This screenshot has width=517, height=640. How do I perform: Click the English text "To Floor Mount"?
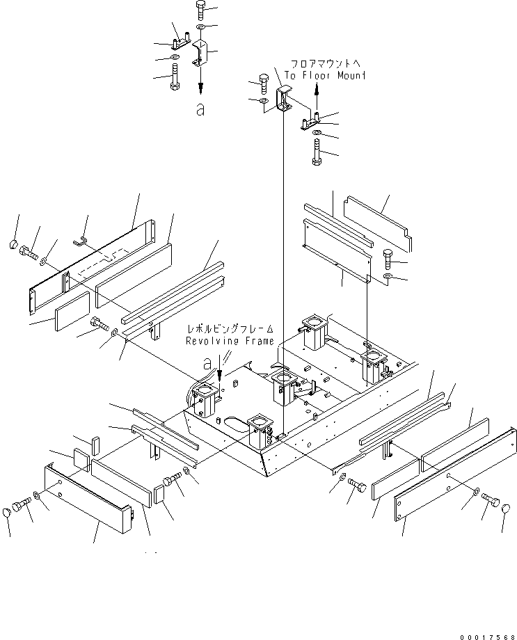[x=325, y=76]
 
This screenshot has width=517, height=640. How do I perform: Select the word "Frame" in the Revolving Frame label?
[x=260, y=341]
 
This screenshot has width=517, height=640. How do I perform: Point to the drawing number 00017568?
[x=487, y=637]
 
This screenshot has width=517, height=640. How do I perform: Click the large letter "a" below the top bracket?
[x=200, y=109]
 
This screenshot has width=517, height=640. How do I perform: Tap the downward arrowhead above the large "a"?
[x=200, y=88]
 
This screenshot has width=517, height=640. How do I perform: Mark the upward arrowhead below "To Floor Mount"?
[x=317, y=87]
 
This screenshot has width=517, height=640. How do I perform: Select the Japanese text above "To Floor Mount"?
[x=326, y=64]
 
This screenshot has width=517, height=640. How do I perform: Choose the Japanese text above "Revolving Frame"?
[x=230, y=329]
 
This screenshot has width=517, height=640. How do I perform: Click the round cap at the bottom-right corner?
[x=506, y=509]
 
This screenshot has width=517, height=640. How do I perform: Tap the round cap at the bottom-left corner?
[x=7, y=512]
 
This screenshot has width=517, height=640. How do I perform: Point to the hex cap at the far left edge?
[x=13, y=244]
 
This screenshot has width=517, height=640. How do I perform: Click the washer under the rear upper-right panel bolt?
[x=389, y=278]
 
